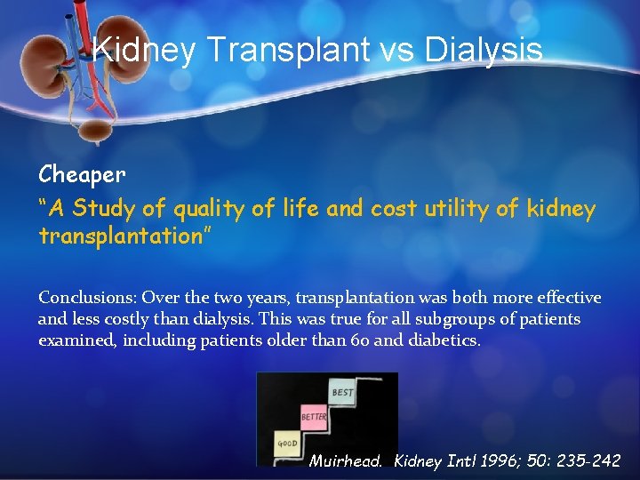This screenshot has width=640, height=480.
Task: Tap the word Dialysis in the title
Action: coord(484,50)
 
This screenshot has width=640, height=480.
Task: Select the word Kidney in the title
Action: coord(144,50)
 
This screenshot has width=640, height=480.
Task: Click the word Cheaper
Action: coord(82,173)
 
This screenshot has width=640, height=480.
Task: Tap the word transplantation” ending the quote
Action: coord(122,236)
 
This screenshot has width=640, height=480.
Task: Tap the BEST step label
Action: coord(342,392)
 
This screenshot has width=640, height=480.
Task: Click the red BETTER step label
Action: coord(314,416)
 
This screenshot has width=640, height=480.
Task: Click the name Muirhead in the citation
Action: coord(345,461)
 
